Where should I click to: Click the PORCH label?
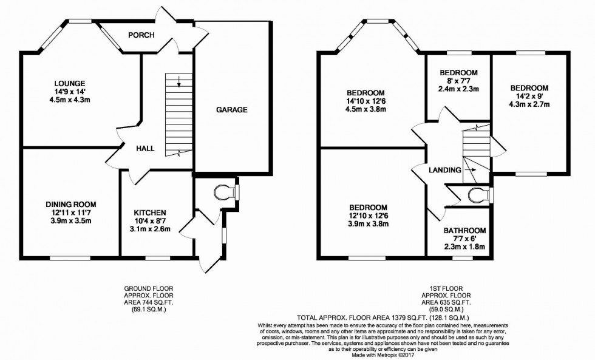click(141, 35)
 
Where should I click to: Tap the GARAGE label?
click(233, 110)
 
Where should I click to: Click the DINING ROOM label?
click(71, 205)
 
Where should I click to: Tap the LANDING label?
click(444, 170)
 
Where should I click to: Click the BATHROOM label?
click(464, 231)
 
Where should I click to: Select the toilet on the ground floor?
click(225, 192)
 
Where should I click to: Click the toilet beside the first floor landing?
click(479, 195)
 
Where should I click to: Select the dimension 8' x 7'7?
click(458, 81)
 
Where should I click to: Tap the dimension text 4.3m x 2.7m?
click(529, 104)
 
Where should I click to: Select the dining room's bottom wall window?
click(67, 257)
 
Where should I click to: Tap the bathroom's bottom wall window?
click(464, 257)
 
